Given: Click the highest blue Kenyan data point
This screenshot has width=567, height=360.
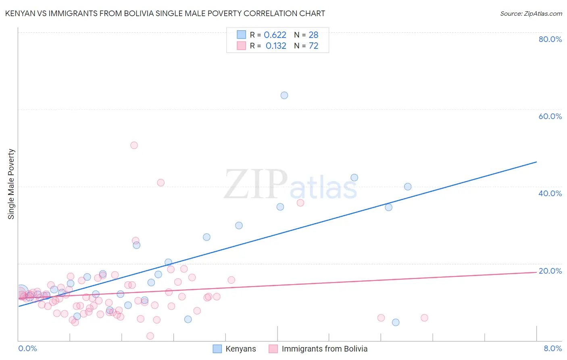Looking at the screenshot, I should click(x=284, y=95).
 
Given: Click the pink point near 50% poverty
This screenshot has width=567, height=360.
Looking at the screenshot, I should click(x=134, y=145).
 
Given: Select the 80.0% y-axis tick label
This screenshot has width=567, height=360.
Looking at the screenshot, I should click(x=550, y=39).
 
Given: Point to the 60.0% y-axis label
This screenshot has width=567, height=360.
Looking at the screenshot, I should click(x=550, y=116).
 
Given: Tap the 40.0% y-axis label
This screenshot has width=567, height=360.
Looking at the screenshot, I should click(x=550, y=193).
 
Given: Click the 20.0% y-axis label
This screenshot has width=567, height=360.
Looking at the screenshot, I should click(x=550, y=271).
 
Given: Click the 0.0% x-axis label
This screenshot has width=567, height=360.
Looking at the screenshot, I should click(x=28, y=348).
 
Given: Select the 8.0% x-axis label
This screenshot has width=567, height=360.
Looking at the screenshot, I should click(x=552, y=348).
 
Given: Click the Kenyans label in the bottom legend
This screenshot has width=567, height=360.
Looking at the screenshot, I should click(x=240, y=349).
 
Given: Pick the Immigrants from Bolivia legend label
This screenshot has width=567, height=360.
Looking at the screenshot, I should click(x=325, y=349).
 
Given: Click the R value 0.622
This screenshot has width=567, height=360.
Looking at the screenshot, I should click(x=275, y=35).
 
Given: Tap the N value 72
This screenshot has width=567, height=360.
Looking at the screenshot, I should click(x=313, y=46).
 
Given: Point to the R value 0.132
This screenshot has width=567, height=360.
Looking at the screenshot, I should click(x=276, y=46).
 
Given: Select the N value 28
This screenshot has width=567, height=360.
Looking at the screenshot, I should click(x=313, y=35).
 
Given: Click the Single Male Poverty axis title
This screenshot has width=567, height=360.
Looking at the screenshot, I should click(x=11, y=184).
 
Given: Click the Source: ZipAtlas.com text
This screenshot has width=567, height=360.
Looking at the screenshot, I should click(x=531, y=14).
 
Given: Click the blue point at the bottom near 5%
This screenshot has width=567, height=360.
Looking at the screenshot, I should click(x=396, y=322).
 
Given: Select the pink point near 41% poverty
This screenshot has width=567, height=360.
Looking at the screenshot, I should click(x=161, y=182).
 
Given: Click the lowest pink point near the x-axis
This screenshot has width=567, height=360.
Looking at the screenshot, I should click(x=150, y=336).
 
